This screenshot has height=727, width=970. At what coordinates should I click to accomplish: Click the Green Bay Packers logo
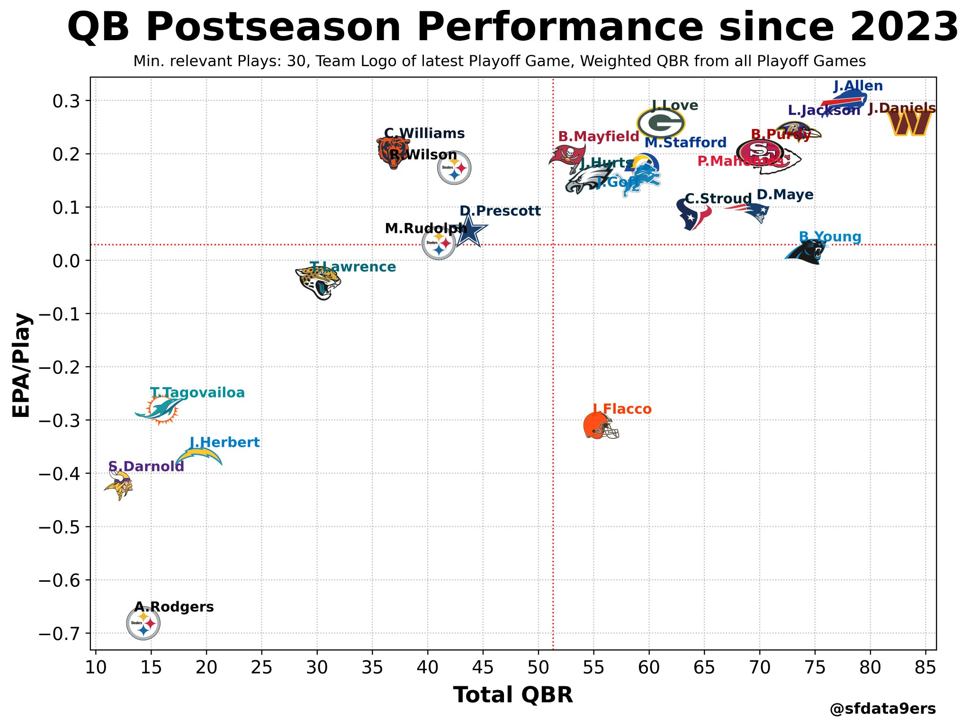pos(661,123)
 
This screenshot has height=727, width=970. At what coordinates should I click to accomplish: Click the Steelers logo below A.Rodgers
pos(143,623)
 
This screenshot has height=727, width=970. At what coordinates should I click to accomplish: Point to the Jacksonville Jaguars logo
pos(319,282)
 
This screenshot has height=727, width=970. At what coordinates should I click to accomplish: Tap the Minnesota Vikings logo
pos(118,484)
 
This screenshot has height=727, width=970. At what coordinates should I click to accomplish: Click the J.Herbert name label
pos(225,443)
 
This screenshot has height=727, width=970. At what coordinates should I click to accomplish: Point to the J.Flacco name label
pos(622,409)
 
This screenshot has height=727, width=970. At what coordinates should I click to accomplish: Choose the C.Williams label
pos(424,133)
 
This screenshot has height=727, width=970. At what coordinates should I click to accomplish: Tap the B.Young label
pos(830,237)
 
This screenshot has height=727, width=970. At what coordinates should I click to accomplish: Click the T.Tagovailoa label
pos(198,393)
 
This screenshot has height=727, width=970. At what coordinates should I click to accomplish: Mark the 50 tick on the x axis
pos(539,668)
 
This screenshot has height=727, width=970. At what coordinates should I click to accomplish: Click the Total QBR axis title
pos(513,695)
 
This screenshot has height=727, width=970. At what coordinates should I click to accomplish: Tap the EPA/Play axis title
pos(22,364)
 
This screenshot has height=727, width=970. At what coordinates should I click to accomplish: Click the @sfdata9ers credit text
pos(883,709)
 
